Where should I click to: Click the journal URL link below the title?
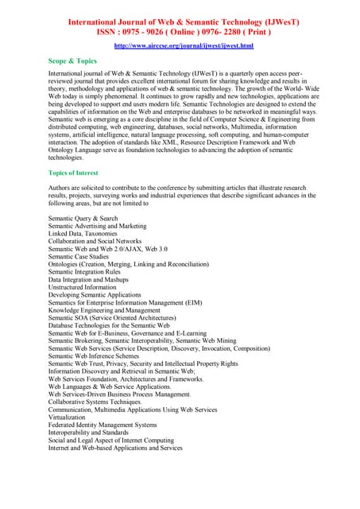(184, 46)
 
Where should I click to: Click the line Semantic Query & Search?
(83, 218)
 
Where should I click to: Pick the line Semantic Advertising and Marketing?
(97, 226)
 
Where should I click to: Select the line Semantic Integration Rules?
(87, 272)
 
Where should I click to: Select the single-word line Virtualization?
(66, 417)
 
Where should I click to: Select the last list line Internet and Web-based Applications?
(115, 448)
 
